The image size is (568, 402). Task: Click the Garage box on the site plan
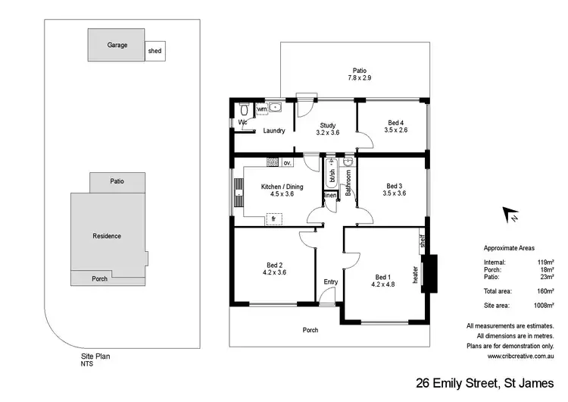(116, 45)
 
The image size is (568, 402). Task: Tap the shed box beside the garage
(154, 51)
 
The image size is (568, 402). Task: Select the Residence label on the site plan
(107, 236)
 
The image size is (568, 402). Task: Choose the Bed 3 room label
(395, 189)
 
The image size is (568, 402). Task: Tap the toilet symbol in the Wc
(244, 111)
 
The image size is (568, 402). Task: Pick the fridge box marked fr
(273, 218)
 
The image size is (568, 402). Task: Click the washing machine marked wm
(262, 109)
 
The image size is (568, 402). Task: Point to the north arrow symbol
(510, 215)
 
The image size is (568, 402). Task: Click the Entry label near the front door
(330, 282)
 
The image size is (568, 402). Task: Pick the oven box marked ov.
(288, 163)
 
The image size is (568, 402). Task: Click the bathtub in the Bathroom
(332, 175)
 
